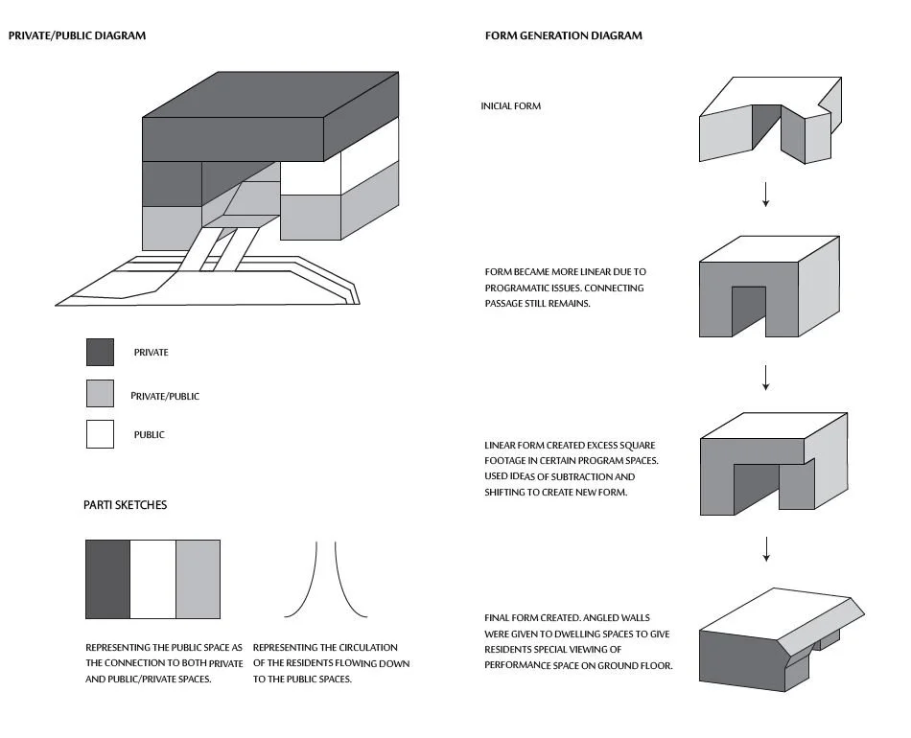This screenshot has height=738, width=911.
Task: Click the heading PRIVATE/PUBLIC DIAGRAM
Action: pos(77,36)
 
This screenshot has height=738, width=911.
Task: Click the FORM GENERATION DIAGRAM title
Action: pos(564,36)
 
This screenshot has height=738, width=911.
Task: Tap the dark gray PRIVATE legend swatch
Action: pos(100,353)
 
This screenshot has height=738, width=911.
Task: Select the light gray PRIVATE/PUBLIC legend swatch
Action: pos(100,394)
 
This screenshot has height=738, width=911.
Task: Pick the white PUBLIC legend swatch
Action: pos(100,434)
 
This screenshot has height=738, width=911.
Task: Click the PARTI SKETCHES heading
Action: pos(125,505)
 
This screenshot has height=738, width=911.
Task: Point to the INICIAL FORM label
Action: pos(510,106)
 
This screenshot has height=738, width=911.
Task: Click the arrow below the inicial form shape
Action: pos(765,195)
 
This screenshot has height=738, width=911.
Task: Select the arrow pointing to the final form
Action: pos(765,549)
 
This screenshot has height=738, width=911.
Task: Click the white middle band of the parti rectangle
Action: pos(152,579)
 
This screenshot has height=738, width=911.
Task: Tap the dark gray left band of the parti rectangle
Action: pos(107,579)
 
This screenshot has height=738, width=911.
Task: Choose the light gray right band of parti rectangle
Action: pos(198,579)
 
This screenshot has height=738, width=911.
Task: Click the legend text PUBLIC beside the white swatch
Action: pos(149,435)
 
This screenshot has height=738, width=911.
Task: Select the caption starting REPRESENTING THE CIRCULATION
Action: pos(325,648)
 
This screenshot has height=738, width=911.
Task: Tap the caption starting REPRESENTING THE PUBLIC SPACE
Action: pos(163,648)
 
